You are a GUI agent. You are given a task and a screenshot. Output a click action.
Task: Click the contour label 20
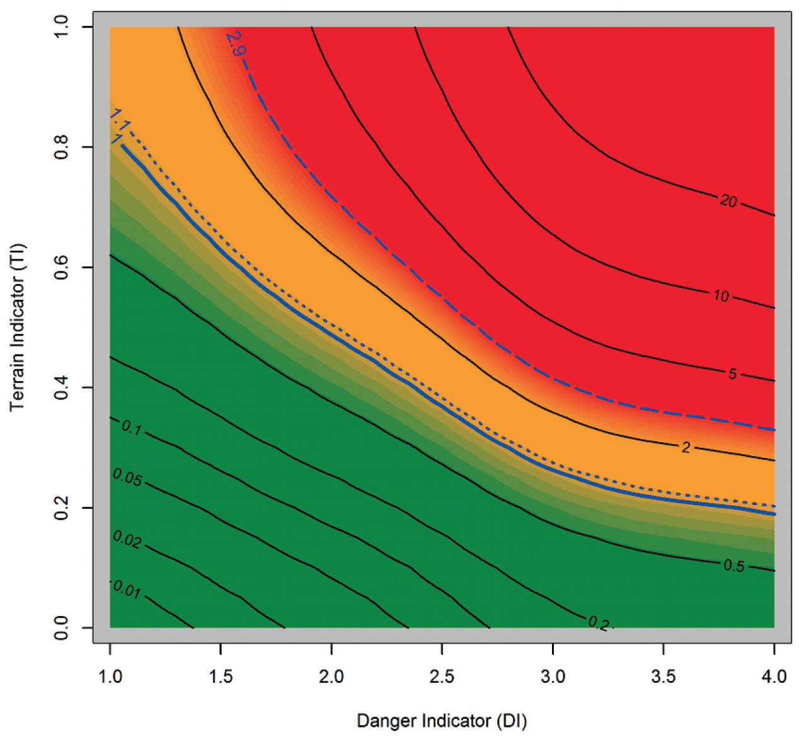(x=728, y=201)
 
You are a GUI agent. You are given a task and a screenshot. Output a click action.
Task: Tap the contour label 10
(x=721, y=295)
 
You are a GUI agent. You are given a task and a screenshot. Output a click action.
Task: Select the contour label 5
(x=732, y=374)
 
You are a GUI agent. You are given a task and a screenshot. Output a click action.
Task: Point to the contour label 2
(x=686, y=447)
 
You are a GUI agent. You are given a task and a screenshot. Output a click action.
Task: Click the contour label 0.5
(x=733, y=566)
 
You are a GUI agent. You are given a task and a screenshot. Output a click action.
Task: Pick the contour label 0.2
(x=599, y=624)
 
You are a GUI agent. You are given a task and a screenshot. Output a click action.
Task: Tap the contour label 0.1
(x=131, y=428)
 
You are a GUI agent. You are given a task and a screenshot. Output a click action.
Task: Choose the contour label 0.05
(x=127, y=477)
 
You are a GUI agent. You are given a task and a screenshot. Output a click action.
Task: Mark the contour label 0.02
(x=127, y=539)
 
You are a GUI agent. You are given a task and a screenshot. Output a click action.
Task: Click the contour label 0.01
(x=127, y=590)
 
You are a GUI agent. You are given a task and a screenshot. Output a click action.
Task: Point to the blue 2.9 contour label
(x=234, y=43)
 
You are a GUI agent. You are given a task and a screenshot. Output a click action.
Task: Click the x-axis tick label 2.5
(x=442, y=677)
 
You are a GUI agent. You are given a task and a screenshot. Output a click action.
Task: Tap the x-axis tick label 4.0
(x=774, y=677)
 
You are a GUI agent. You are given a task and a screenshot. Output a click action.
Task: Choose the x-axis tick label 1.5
(x=221, y=677)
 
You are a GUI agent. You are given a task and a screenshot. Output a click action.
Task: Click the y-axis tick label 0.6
(x=61, y=267)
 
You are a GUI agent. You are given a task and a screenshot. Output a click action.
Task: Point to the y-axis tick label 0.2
(x=61, y=508)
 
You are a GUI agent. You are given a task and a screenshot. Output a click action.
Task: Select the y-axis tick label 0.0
(x=61, y=627)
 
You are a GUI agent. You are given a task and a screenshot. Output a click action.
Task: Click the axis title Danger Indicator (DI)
(x=442, y=721)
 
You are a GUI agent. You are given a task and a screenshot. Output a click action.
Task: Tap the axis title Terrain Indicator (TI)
(x=18, y=327)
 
